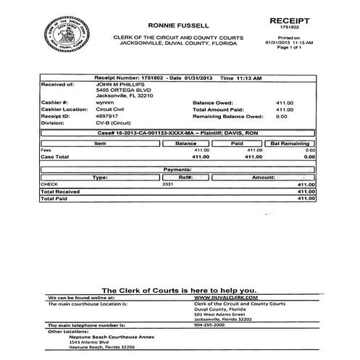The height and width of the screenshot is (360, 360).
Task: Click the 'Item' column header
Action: pos(101,143)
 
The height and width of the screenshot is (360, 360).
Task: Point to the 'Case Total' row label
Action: pos(55,156)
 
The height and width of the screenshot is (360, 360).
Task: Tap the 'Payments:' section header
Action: pos(177,169)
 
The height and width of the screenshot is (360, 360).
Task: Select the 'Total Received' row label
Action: pos(61,191)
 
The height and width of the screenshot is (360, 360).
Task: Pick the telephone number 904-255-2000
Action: pos(211,325)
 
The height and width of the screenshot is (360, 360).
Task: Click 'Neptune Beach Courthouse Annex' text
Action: pos(99,337)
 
